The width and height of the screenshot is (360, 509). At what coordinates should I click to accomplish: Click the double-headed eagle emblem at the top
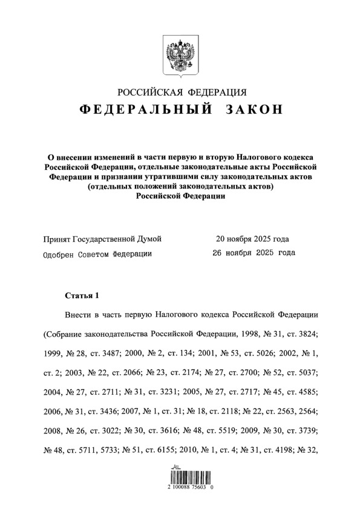point(180,54)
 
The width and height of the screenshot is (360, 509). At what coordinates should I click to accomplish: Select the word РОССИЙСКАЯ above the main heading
point(151,92)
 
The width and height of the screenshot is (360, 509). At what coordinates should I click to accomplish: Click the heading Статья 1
point(81,296)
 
